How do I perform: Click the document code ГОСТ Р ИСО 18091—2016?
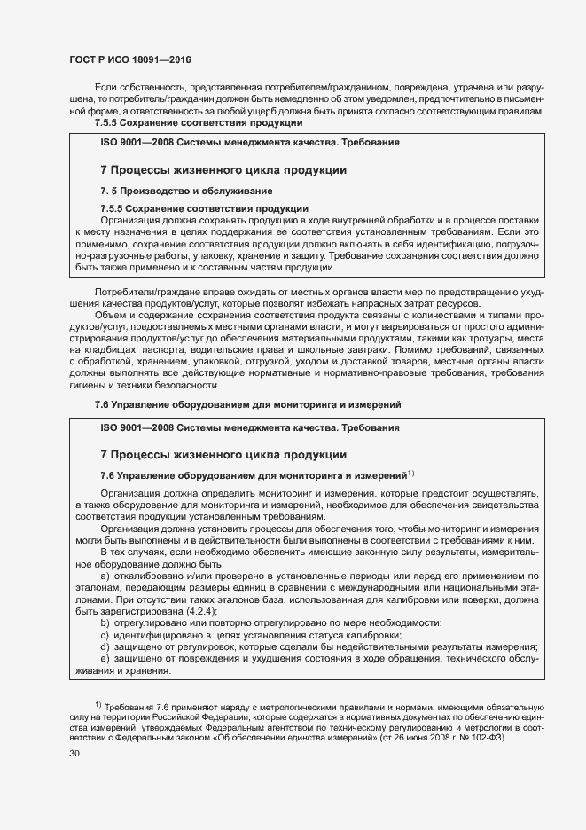(131, 59)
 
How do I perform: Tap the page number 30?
(74, 754)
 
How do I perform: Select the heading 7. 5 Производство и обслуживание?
(185, 191)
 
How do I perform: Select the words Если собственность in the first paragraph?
(138, 90)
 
